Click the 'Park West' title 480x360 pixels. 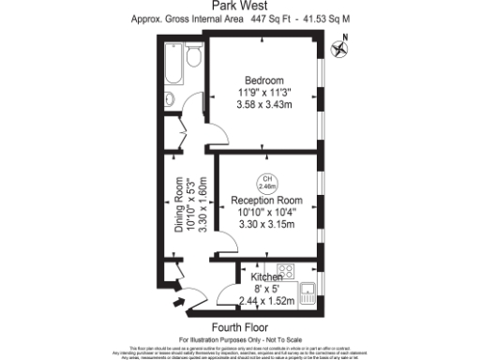tap(241, 6)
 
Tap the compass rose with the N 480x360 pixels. tap(344, 41)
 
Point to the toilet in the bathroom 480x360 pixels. tap(193, 58)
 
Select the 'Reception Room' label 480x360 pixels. tap(266, 200)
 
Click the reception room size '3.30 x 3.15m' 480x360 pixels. tap(266, 225)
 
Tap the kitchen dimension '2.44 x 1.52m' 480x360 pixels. tap(265, 301)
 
